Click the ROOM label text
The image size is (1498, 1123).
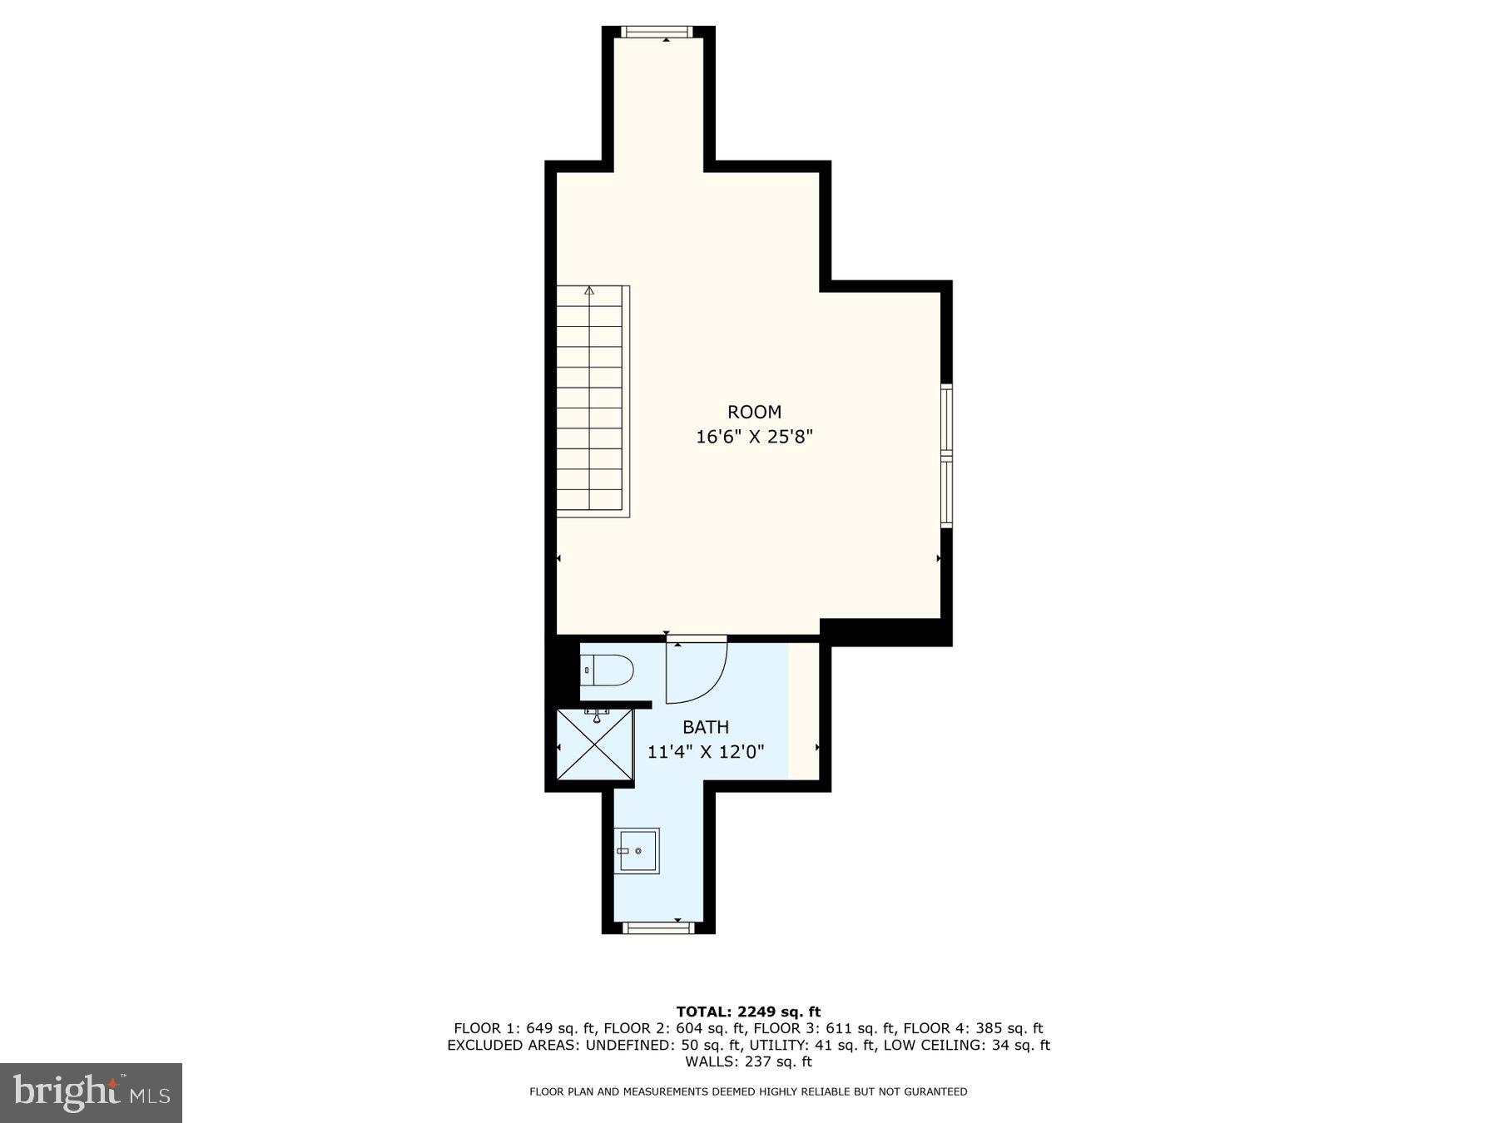[754, 412]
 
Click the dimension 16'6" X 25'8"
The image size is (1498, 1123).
[754, 437]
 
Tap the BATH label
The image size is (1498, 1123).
[706, 727]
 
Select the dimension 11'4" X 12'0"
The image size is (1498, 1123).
[706, 752]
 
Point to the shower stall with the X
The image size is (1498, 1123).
[595, 745]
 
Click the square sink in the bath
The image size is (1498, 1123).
[637, 850]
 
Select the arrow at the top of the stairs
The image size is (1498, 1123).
[589, 291]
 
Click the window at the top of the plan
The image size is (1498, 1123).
[657, 32]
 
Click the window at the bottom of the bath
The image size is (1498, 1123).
[657, 928]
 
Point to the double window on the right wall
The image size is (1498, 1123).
[947, 456]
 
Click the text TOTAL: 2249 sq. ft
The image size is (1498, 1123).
[748, 1012]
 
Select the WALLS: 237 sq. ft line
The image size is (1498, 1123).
[748, 1061]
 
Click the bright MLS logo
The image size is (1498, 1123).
[91, 1092]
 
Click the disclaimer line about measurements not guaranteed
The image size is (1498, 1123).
[748, 1091]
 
